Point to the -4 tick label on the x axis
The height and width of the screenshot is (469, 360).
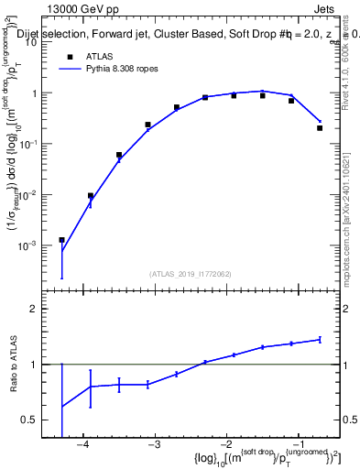82,445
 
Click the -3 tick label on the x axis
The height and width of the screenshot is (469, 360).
154,445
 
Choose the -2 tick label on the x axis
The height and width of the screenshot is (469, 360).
225,445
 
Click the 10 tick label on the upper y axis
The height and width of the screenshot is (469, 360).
32,42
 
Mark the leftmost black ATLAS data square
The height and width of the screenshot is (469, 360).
61,240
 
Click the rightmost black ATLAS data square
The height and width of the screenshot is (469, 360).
320,128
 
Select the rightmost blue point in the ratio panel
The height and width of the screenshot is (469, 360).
320,339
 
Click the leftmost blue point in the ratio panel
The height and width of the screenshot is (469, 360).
61,407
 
